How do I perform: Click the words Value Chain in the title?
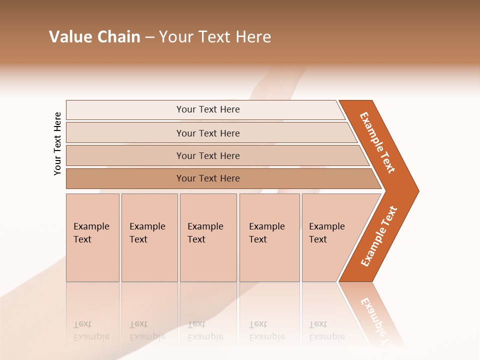pos(94,37)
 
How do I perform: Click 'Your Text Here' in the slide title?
pos(215,37)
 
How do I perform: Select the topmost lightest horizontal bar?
pos(207,109)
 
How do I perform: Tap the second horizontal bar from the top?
pos(207,133)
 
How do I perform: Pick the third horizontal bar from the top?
pos(207,155)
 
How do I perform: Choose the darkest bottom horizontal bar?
pos(207,178)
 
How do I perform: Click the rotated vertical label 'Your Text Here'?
pos(57,144)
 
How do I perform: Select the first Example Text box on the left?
pos(92,237)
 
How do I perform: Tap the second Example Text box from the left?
pos(149,237)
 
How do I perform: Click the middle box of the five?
pos(208,237)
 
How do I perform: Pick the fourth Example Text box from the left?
pos(269,237)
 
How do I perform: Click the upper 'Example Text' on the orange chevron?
pos(377,142)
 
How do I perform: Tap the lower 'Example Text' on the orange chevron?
pos(379,236)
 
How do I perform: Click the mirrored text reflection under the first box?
pos(91,330)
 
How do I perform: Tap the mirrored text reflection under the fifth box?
pos(326,330)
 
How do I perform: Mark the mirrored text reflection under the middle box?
pos(205,330)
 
